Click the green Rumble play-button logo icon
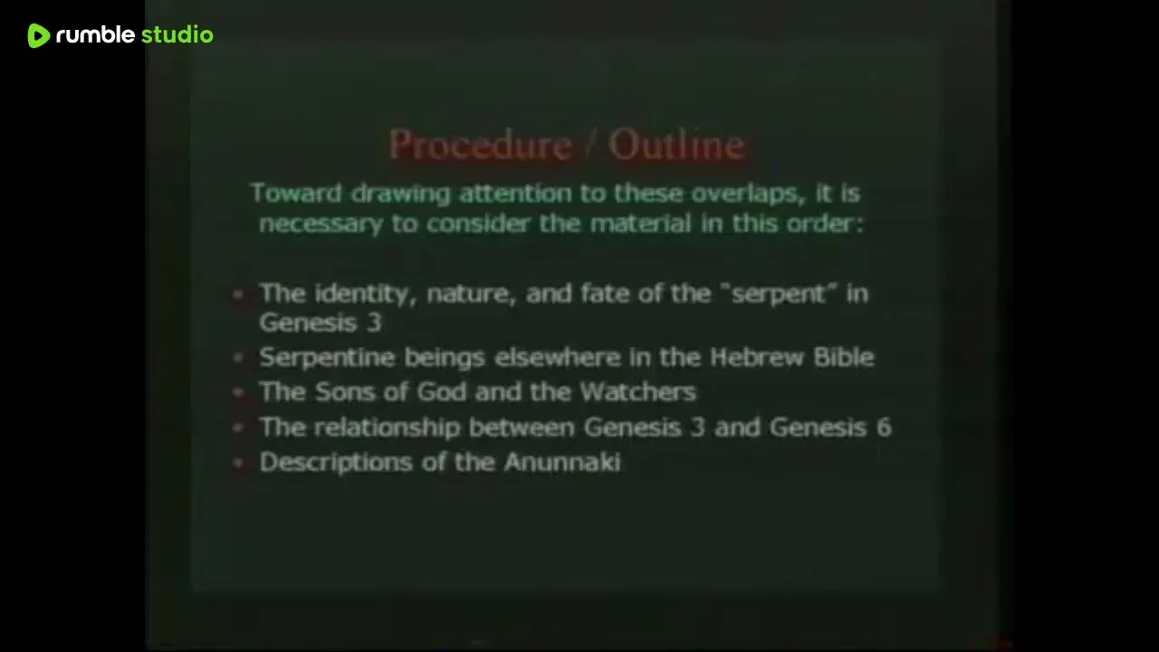(39, 35)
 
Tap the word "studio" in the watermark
(177, 34)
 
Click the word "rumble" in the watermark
(95, 34)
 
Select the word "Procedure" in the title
(481, 144)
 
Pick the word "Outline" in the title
(676, 144)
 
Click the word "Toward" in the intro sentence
(296, 193)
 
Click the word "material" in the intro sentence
(640, 224)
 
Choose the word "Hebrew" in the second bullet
(756, 357)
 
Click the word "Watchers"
(638, 392)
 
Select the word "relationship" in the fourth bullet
(387, 428)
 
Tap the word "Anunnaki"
(563, 462)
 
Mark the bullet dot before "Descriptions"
(238, 463)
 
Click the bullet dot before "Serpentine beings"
(238, 357)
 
